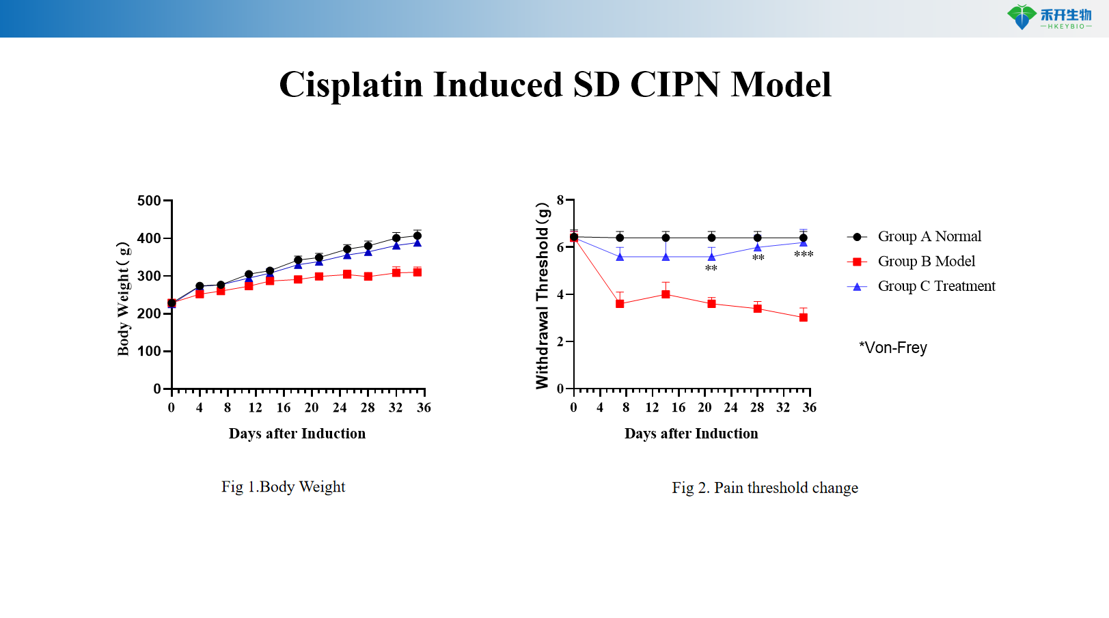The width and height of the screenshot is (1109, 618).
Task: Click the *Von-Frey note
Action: (892, 348)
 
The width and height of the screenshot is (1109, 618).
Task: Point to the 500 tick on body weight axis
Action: (149, 201)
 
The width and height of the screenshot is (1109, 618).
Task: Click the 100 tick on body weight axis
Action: (149, 351)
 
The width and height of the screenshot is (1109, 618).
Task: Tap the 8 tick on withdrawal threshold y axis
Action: (560, 200)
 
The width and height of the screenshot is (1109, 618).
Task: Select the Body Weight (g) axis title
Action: (123, 298)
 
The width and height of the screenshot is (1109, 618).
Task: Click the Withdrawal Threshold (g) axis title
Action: (543, 296)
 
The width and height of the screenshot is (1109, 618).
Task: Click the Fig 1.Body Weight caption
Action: (283, 487)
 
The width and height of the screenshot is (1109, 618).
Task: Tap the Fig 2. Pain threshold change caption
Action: (765, 488)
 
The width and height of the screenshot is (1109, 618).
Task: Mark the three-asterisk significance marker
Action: (804, 255)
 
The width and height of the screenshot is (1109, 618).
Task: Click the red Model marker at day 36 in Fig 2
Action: (804, 318)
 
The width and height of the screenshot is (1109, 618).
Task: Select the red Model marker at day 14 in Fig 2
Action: (666, 294)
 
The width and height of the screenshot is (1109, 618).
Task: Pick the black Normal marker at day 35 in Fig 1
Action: (417, 236)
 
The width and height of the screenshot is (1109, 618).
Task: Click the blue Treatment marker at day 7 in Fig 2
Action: (620, 257)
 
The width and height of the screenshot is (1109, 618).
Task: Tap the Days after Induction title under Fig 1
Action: (297, 434)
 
